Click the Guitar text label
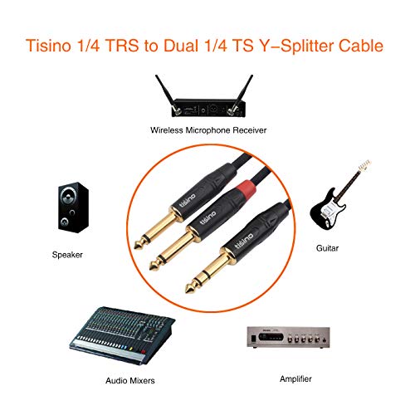341,248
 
